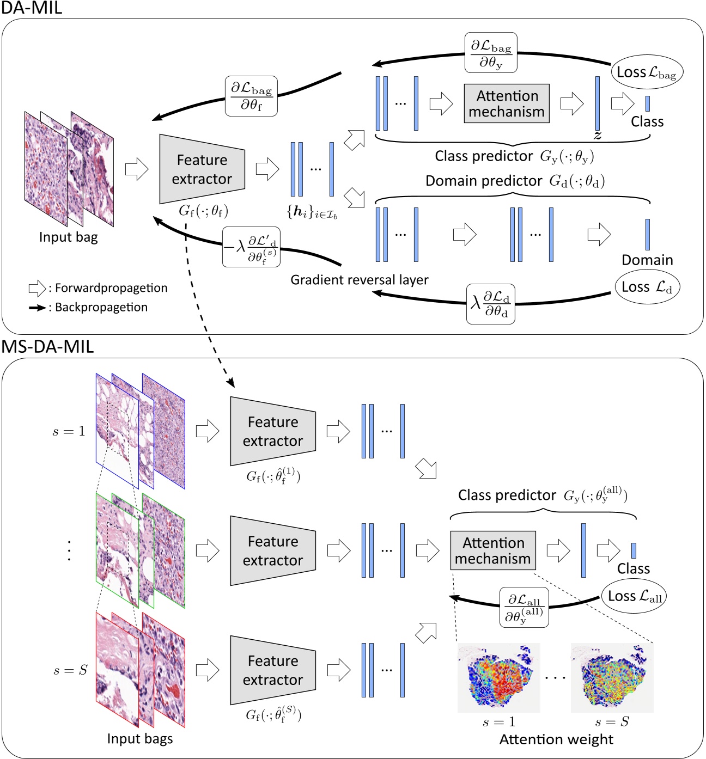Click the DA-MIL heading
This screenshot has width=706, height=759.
32,8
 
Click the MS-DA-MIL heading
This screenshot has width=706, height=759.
48,346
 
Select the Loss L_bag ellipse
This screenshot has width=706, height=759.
647,72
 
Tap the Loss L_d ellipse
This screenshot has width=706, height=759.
647,287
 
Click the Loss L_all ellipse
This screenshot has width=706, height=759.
634,596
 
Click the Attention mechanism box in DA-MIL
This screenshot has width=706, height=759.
507,103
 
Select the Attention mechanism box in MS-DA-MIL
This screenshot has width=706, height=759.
493,550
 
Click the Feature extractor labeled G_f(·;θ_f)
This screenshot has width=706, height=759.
202,169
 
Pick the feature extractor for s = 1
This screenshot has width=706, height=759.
273,431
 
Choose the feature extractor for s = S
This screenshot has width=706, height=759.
273,670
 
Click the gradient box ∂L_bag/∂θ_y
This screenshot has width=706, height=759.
491,53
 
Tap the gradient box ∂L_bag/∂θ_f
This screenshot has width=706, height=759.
251,96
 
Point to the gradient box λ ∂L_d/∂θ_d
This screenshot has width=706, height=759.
491,304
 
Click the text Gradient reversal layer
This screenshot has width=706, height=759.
360,280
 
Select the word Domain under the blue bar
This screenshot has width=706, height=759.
647,260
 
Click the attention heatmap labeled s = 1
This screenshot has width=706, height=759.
498,678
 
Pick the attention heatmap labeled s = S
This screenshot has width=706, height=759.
612,678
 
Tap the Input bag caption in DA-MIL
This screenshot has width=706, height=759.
69,237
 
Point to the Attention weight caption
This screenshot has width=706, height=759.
556,739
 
